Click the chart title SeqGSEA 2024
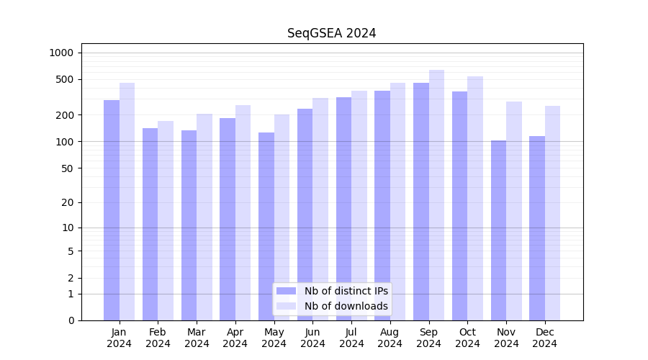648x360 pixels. tap(331, 33)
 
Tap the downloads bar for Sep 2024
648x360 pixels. tap(436, 195)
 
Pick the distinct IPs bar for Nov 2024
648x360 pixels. tap(498, 230)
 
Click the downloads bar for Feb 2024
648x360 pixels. tap(166, 220)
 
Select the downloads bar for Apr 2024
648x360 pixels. tap(243, 212)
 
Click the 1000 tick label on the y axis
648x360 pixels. tap(61, 53)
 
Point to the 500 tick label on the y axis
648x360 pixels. tap(65, 79)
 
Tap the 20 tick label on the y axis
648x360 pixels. tap(68, 202)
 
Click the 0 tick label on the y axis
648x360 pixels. tap(71, 320)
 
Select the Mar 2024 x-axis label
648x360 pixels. tap(197, 338)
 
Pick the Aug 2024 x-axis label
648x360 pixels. tap(390, 338)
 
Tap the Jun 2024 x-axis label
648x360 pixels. tap(312, 338)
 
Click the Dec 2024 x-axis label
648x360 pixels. tap(544, 338)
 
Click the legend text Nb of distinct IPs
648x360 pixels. tap(346, 291)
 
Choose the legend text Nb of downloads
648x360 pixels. tap(346, 306)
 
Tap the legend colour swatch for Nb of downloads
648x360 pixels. tap(286, 306)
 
